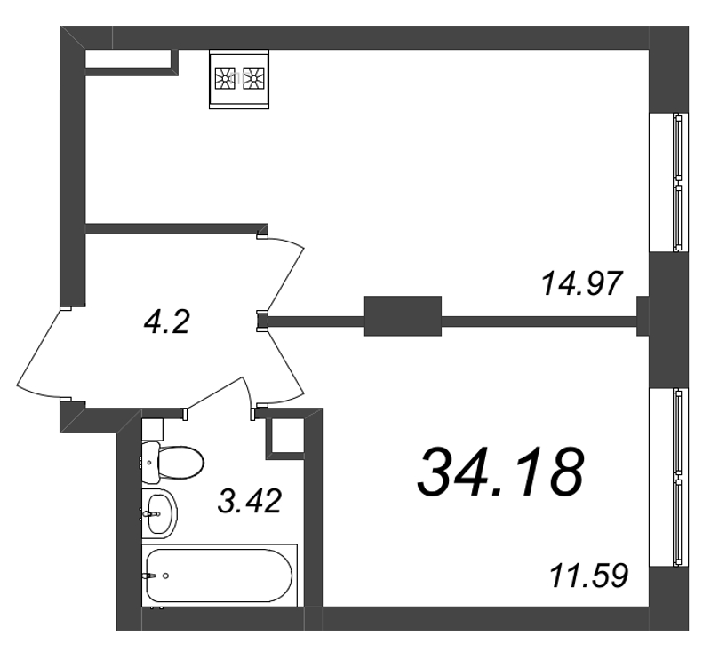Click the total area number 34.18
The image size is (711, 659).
[500, 472]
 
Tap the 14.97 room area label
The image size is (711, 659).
[581, 283]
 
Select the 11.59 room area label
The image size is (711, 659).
[588, 576]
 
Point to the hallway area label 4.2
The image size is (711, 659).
[166, 322]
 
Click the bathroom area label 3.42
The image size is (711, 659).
[250, 501]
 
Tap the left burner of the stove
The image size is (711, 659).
[225, 79]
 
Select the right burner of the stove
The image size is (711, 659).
[253, 79]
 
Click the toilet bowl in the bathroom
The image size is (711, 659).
[180, 463]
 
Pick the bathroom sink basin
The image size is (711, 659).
[160, 513]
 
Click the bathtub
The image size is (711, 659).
[220, 576]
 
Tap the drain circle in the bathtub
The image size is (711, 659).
[166, 576]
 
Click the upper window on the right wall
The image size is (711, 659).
[669, 182]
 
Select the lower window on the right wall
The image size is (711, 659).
[669, 477]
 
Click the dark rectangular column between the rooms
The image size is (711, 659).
[403, 316]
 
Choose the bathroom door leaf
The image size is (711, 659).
[215, 393]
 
